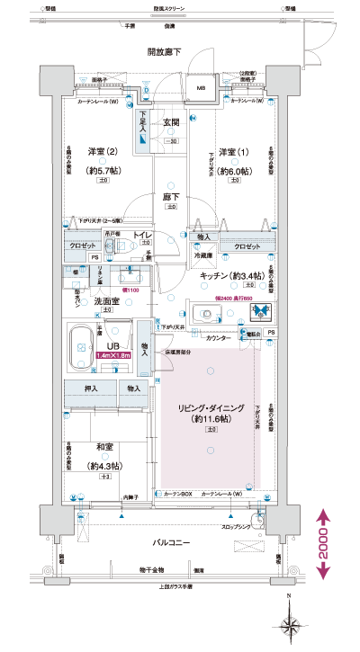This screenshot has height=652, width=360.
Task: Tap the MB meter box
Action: pos(201,88)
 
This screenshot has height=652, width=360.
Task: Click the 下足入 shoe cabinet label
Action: pos(142,123)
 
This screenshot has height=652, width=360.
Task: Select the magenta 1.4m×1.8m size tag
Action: pos(113,355)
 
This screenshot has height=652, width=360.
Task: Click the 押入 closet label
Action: pos(92,389)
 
